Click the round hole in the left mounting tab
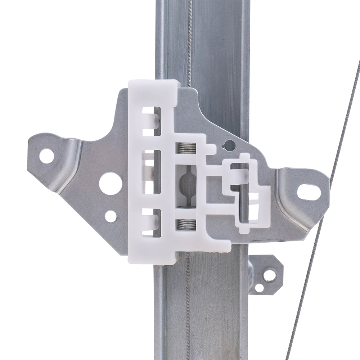coord(47,156)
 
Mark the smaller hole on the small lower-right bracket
coord(259,288)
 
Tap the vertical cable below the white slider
coord(187,306)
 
